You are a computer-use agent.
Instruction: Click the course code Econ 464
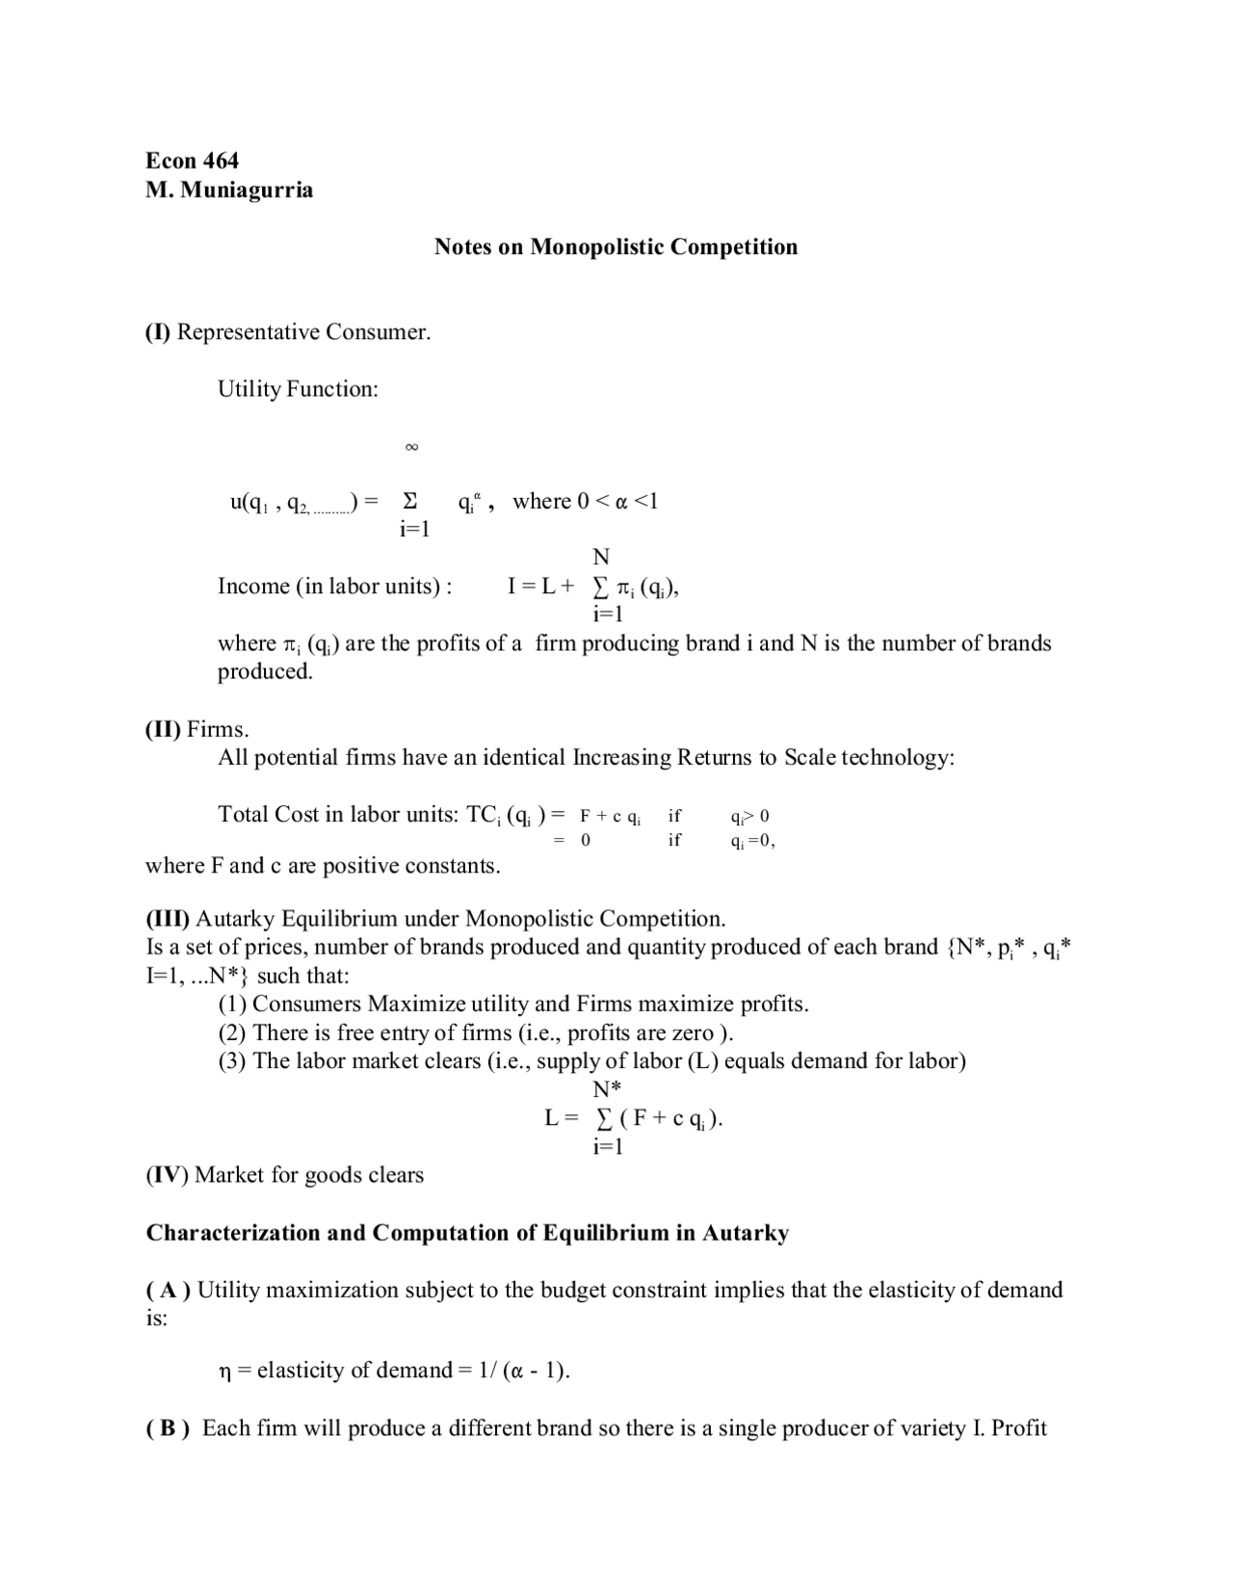click(192, 161)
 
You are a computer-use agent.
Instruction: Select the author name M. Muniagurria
click(229, 190)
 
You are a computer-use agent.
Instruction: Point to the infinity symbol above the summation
click(411, 447)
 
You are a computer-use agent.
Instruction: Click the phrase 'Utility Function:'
click(298, 389)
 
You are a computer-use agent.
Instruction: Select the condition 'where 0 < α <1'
click(585, 502)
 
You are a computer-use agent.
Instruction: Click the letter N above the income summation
click(601, 557)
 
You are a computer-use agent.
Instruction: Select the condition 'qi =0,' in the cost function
click(752, 841)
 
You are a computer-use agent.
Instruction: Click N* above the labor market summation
click(607, 1089)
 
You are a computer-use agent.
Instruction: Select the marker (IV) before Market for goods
click(167, 1175)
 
